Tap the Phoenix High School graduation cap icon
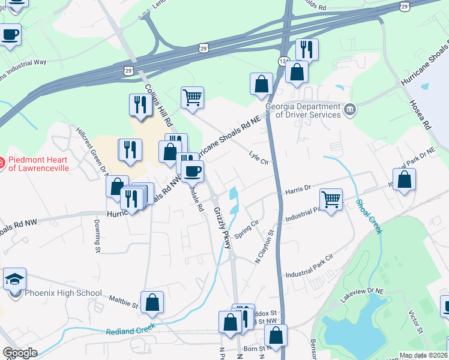tap(14, 278)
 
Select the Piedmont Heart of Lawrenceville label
tap(38, 164)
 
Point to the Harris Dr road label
tap(298, 189)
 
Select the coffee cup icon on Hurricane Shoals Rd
tap(192, 171)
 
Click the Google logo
tap(20, 353)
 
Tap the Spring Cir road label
tap(246, 230)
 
